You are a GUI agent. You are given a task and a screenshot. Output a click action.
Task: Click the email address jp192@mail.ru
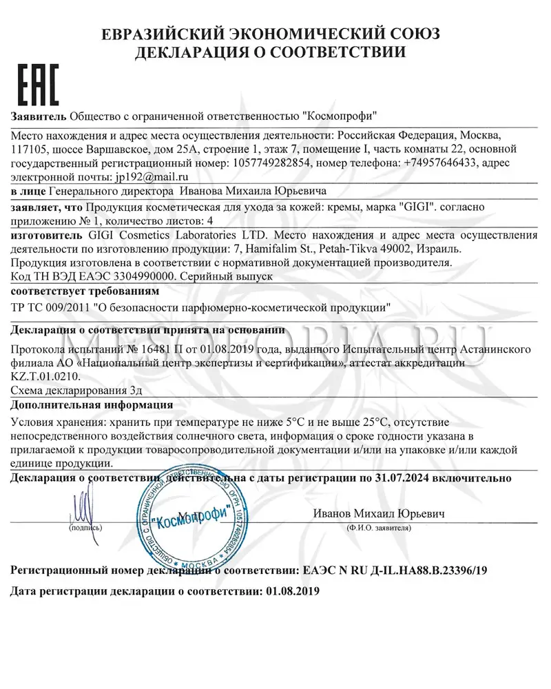(x=128, y=176)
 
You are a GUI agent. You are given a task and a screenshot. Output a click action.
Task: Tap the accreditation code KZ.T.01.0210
(x=47, y=376)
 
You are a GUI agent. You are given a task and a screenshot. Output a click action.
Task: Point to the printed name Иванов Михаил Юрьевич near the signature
(x=379, y=513)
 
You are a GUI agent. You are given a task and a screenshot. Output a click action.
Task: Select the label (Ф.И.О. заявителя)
(x=379, y=528)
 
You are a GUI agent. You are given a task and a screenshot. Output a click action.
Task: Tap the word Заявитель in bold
(x=39, y=115)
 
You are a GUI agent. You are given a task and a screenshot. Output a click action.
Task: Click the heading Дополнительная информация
(x=93, y=404)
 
